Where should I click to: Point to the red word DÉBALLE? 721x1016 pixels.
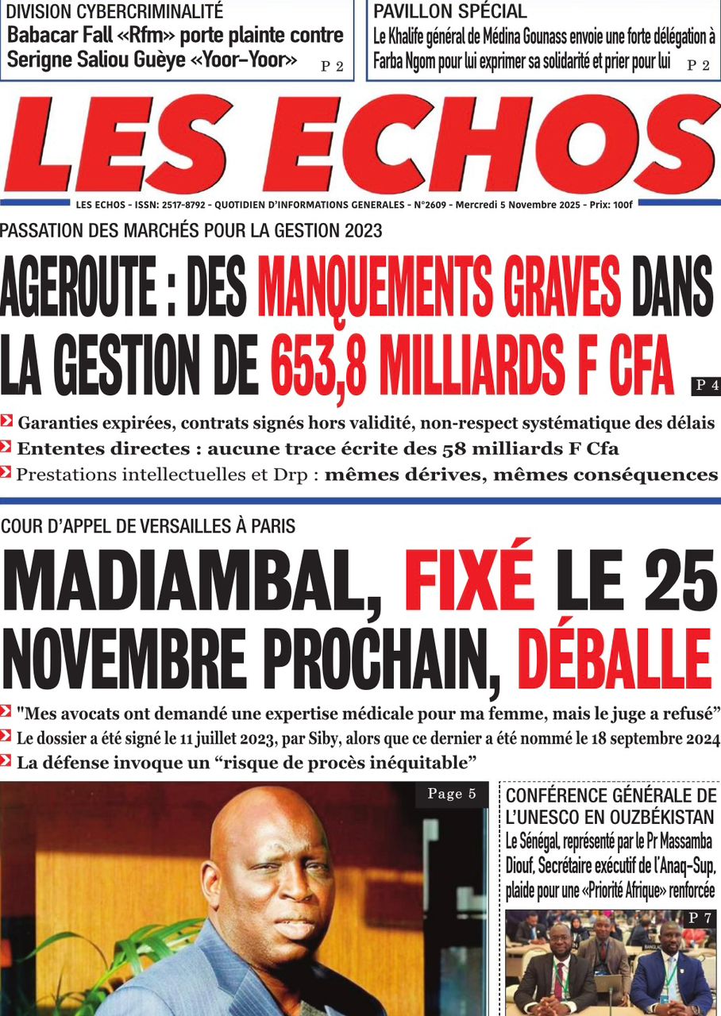click(615, 658)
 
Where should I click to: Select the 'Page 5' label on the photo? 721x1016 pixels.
click(451, 795)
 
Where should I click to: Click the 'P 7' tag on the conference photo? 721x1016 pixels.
click(700, 918)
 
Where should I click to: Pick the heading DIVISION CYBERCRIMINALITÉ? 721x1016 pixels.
click(114, 12)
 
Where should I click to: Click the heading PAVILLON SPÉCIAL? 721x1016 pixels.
click(449, 12)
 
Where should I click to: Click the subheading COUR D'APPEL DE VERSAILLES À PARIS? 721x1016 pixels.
click(148, 525)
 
